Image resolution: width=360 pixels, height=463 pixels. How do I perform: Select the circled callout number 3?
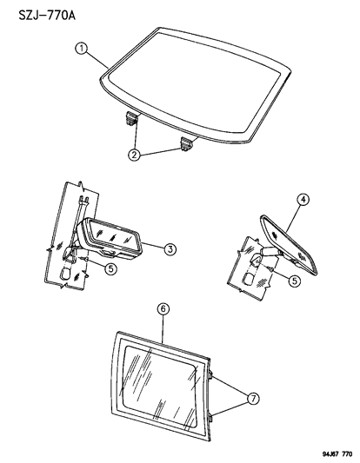click(171, 249)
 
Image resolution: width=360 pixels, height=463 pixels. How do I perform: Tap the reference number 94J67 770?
click(327, 453)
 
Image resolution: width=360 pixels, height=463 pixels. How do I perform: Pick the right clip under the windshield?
click(187, 142)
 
